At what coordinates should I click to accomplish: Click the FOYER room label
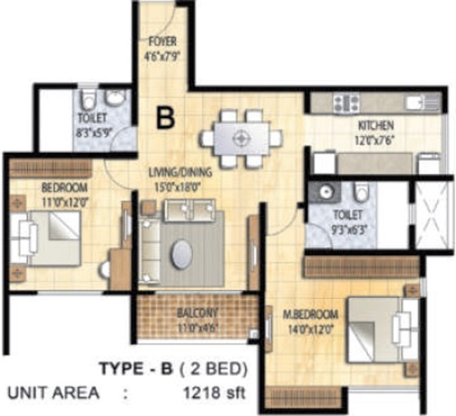[162, 41]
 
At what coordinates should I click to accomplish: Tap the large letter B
[166, 117]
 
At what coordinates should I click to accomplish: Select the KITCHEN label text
[376, 126]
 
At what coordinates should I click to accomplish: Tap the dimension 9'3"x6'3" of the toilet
[348, 227]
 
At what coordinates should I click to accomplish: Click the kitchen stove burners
[346, 104]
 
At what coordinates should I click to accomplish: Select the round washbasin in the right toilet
[323, 192]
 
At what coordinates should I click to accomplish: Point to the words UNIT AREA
[53, 392]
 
